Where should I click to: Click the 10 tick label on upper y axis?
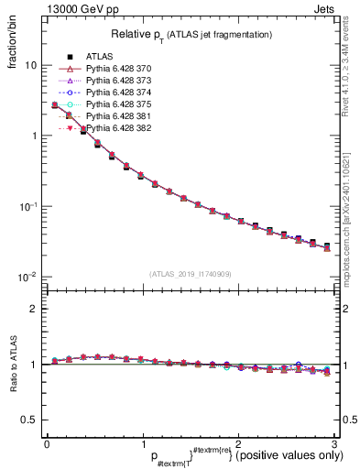[x=31, y=66]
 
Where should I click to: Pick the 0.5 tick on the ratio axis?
[x=30, y=420]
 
